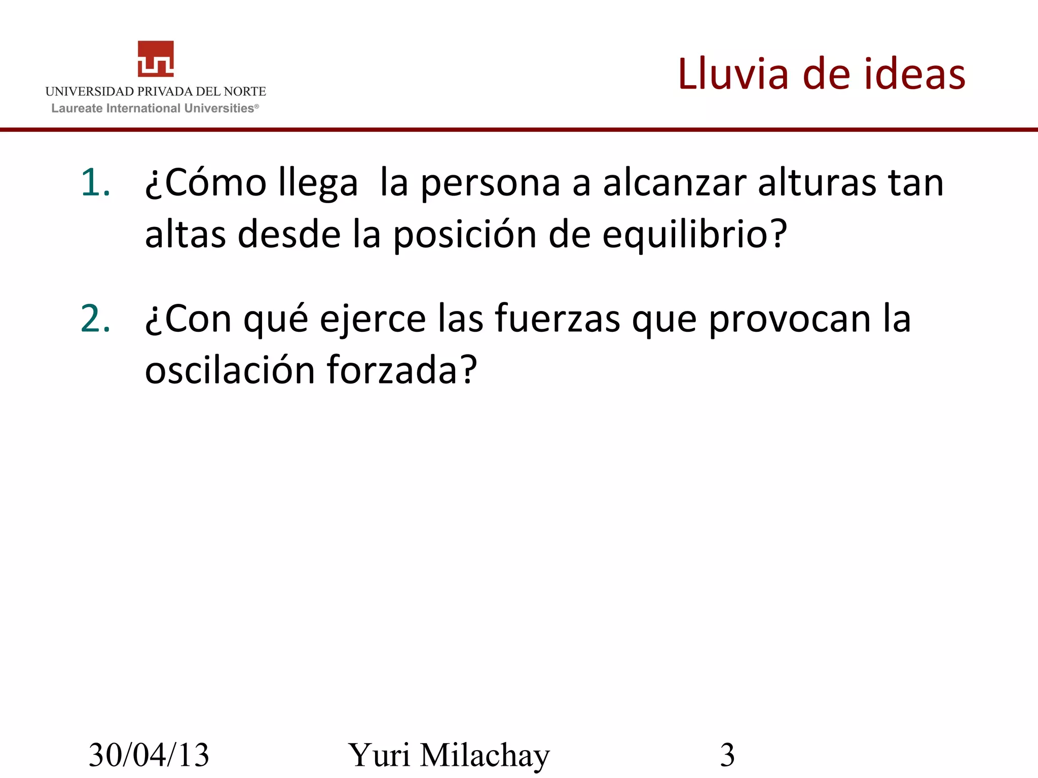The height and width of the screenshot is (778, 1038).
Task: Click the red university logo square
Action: point(156,59)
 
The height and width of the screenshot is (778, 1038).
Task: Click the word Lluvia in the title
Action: point(733,74)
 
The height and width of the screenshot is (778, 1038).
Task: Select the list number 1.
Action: point(95,182)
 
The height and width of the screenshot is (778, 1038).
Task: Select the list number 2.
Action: point(95,319)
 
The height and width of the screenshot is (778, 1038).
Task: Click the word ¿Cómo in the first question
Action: point(206,182)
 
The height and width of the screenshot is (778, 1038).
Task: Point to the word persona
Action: point(490,182)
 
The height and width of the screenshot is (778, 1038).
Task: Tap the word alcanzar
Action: point(675,182)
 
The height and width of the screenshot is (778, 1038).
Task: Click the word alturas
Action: point(817,182)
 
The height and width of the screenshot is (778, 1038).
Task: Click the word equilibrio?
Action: point(694,235)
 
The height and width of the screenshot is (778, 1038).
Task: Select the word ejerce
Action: point(373,319)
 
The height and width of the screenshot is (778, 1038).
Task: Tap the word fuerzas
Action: point(558,319)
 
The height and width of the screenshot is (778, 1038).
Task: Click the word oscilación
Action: point(230,370)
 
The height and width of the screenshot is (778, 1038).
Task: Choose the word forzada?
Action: point(402,370)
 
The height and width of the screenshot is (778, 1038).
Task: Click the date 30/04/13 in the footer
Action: point(149,755)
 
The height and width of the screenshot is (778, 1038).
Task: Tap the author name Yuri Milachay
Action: point(449,755)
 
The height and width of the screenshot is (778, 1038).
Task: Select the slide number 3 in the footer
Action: point(727,755)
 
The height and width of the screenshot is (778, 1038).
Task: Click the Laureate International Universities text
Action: point(155,108)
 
